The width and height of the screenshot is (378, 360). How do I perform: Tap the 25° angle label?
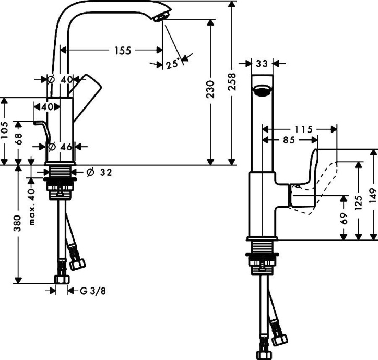(x=172, y=64)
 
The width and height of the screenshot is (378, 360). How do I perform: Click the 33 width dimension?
(x=262, y=64)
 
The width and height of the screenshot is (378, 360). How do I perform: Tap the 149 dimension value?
(x=373, y=194)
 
